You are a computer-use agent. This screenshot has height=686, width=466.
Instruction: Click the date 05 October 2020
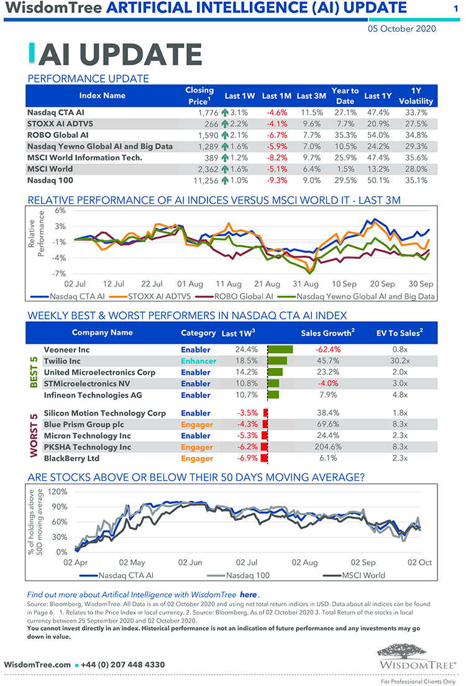(401, 28)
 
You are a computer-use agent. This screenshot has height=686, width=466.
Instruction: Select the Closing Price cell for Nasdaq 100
(200, 180)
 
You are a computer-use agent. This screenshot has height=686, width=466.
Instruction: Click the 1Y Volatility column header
(416, 96)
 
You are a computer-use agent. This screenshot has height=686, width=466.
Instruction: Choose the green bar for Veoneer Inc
(280, 350)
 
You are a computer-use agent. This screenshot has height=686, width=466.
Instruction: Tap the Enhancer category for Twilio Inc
(198, 361)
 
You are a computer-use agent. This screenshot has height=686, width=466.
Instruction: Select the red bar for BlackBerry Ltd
(265, 458)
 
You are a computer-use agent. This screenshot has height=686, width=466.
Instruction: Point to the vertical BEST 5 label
(34, 372)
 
